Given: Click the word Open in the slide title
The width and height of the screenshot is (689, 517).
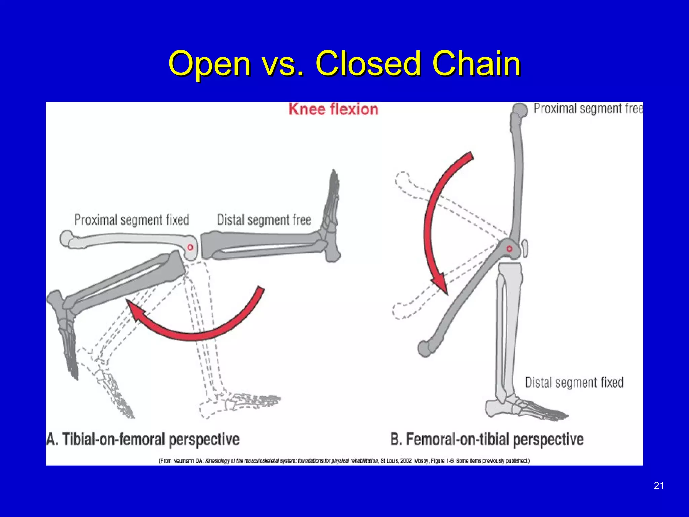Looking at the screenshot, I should coord(209,64).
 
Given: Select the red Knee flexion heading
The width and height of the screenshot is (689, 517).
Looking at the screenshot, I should coord(333,109).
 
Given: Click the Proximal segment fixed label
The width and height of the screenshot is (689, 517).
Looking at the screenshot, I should coord(132,220).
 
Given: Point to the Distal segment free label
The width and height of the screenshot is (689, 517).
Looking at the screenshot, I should coord(264,220).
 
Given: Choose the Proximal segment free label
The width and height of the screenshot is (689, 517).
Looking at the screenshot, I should coord(588,108).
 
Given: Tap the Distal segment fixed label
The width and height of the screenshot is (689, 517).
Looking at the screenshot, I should coord(574,382).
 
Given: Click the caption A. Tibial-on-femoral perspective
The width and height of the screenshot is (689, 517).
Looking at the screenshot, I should coord(143,439).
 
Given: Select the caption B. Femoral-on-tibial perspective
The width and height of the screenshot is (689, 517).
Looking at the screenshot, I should coord(487,439).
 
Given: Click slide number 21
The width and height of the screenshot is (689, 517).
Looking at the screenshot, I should coord(659,485).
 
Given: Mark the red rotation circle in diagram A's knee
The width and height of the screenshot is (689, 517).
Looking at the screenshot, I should coord(190,247).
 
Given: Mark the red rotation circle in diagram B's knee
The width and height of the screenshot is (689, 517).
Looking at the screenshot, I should coord(509,249).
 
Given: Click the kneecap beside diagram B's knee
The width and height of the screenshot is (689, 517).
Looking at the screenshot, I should coord(525,248).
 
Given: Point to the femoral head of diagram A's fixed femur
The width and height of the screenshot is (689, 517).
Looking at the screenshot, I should coord(67,238).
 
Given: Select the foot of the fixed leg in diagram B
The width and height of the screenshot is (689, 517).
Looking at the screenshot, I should coord(525,409).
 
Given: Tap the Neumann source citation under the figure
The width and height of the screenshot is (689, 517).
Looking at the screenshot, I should coord(344,461).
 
